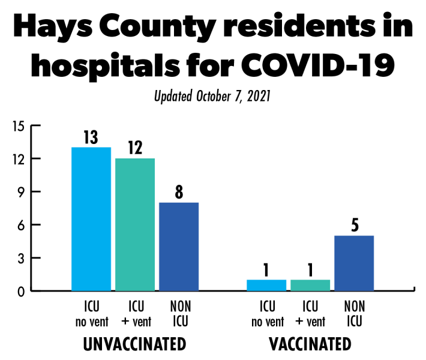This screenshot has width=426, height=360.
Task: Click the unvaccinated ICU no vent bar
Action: [91, 219]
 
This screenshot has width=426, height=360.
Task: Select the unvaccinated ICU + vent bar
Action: [135, 224]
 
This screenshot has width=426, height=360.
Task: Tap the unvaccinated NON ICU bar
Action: [179, 247]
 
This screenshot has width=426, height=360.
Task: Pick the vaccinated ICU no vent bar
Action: [266, 285]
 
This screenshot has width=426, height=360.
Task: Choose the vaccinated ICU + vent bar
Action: [310, 285]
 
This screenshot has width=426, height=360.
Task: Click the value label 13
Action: [91, 137]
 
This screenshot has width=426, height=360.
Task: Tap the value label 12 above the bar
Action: [134, 148]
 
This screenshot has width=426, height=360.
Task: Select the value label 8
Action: [179, 193]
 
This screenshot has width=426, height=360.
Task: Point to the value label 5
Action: [354, 226]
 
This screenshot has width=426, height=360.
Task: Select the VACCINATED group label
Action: [310, 344]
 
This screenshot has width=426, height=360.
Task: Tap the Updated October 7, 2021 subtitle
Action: [213, 97]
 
